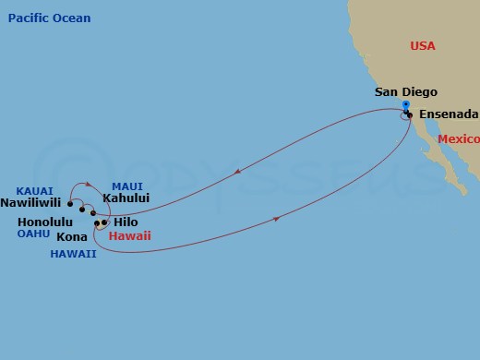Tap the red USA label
(422, 46)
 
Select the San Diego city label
(406, 92)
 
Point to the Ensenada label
(449, 114)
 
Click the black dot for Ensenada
(409, 115)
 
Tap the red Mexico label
(459, 138)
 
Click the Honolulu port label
(45, 222)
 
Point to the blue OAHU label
(33, 234)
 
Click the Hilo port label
(126, 222)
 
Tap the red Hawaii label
(129, 236)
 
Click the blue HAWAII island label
(73, 254)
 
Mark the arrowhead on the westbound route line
(238, 171)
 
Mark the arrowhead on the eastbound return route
(278, 219)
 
